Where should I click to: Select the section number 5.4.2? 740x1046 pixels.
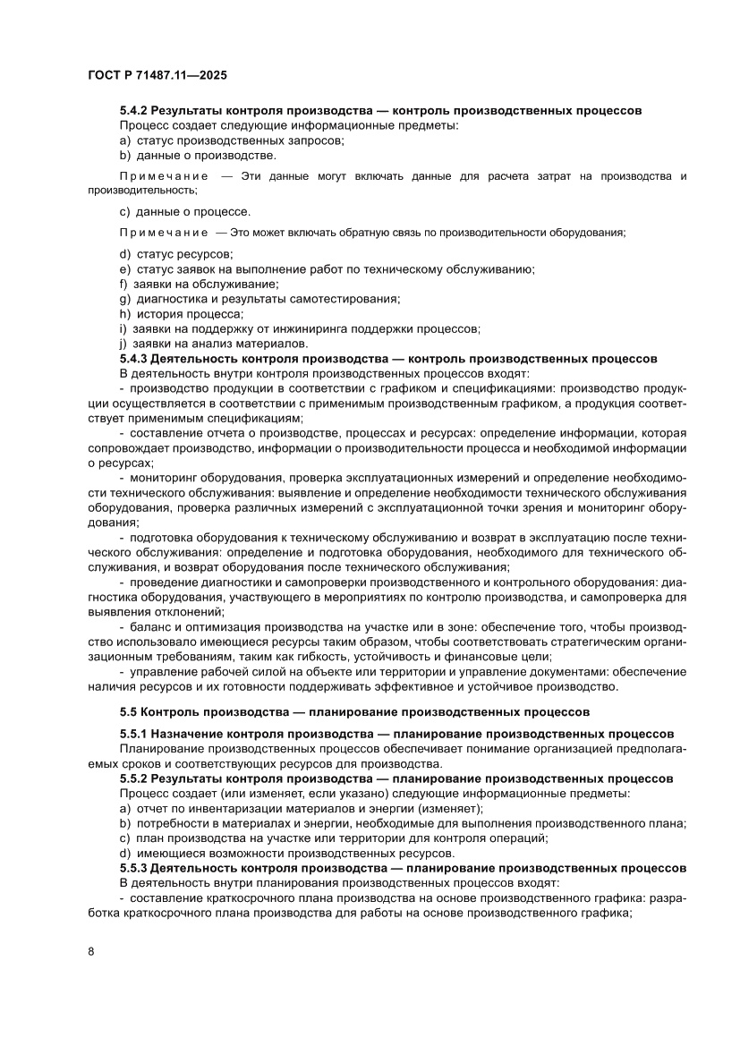coord(134,111)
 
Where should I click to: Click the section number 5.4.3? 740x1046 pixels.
coord(134,358)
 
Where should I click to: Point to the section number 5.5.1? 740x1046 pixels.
coord(134,735)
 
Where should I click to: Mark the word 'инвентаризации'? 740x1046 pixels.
coord(226,809)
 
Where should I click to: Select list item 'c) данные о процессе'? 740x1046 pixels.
coord(184,211)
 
